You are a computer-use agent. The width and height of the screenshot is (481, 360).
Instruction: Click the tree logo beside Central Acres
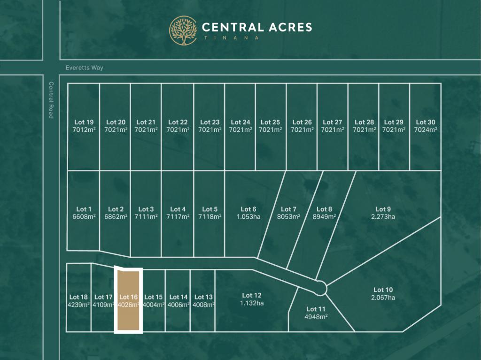[x=183, y=31]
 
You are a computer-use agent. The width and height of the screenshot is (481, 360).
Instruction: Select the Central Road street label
[x=51, y=100]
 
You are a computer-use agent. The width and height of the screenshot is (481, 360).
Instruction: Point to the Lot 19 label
[x=84, y=122]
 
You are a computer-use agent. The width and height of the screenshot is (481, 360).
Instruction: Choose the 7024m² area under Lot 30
[x=426, y=130]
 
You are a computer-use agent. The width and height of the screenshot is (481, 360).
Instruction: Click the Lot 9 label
[x=383, y=209]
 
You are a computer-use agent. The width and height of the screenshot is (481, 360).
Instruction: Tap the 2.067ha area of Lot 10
[x=383, y=297]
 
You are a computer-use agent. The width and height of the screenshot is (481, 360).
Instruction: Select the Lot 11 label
[x=316, y=309]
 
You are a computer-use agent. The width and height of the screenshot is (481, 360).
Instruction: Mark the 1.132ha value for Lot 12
[x=252, y=303]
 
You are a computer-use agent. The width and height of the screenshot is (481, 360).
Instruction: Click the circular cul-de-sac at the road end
[x=320, y=288]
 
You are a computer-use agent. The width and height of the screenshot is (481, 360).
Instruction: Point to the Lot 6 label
[x=248, y=209]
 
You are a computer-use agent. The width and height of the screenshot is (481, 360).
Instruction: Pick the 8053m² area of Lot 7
[x=288, y=216]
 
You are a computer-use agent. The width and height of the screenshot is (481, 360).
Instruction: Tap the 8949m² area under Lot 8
[x=324, y=216]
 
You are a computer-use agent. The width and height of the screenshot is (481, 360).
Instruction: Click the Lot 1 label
[x=84, y=209]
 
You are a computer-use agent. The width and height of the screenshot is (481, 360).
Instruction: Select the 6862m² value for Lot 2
[x=116, y=216]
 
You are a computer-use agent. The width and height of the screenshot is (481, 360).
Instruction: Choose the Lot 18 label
[x=78, y=297]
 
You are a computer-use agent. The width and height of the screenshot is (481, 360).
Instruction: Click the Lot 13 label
[x=203, y=297]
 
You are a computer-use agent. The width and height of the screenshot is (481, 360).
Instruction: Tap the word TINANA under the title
[x=231, y=38]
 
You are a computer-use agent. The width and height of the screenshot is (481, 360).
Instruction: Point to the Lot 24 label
[x=240, y=122]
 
